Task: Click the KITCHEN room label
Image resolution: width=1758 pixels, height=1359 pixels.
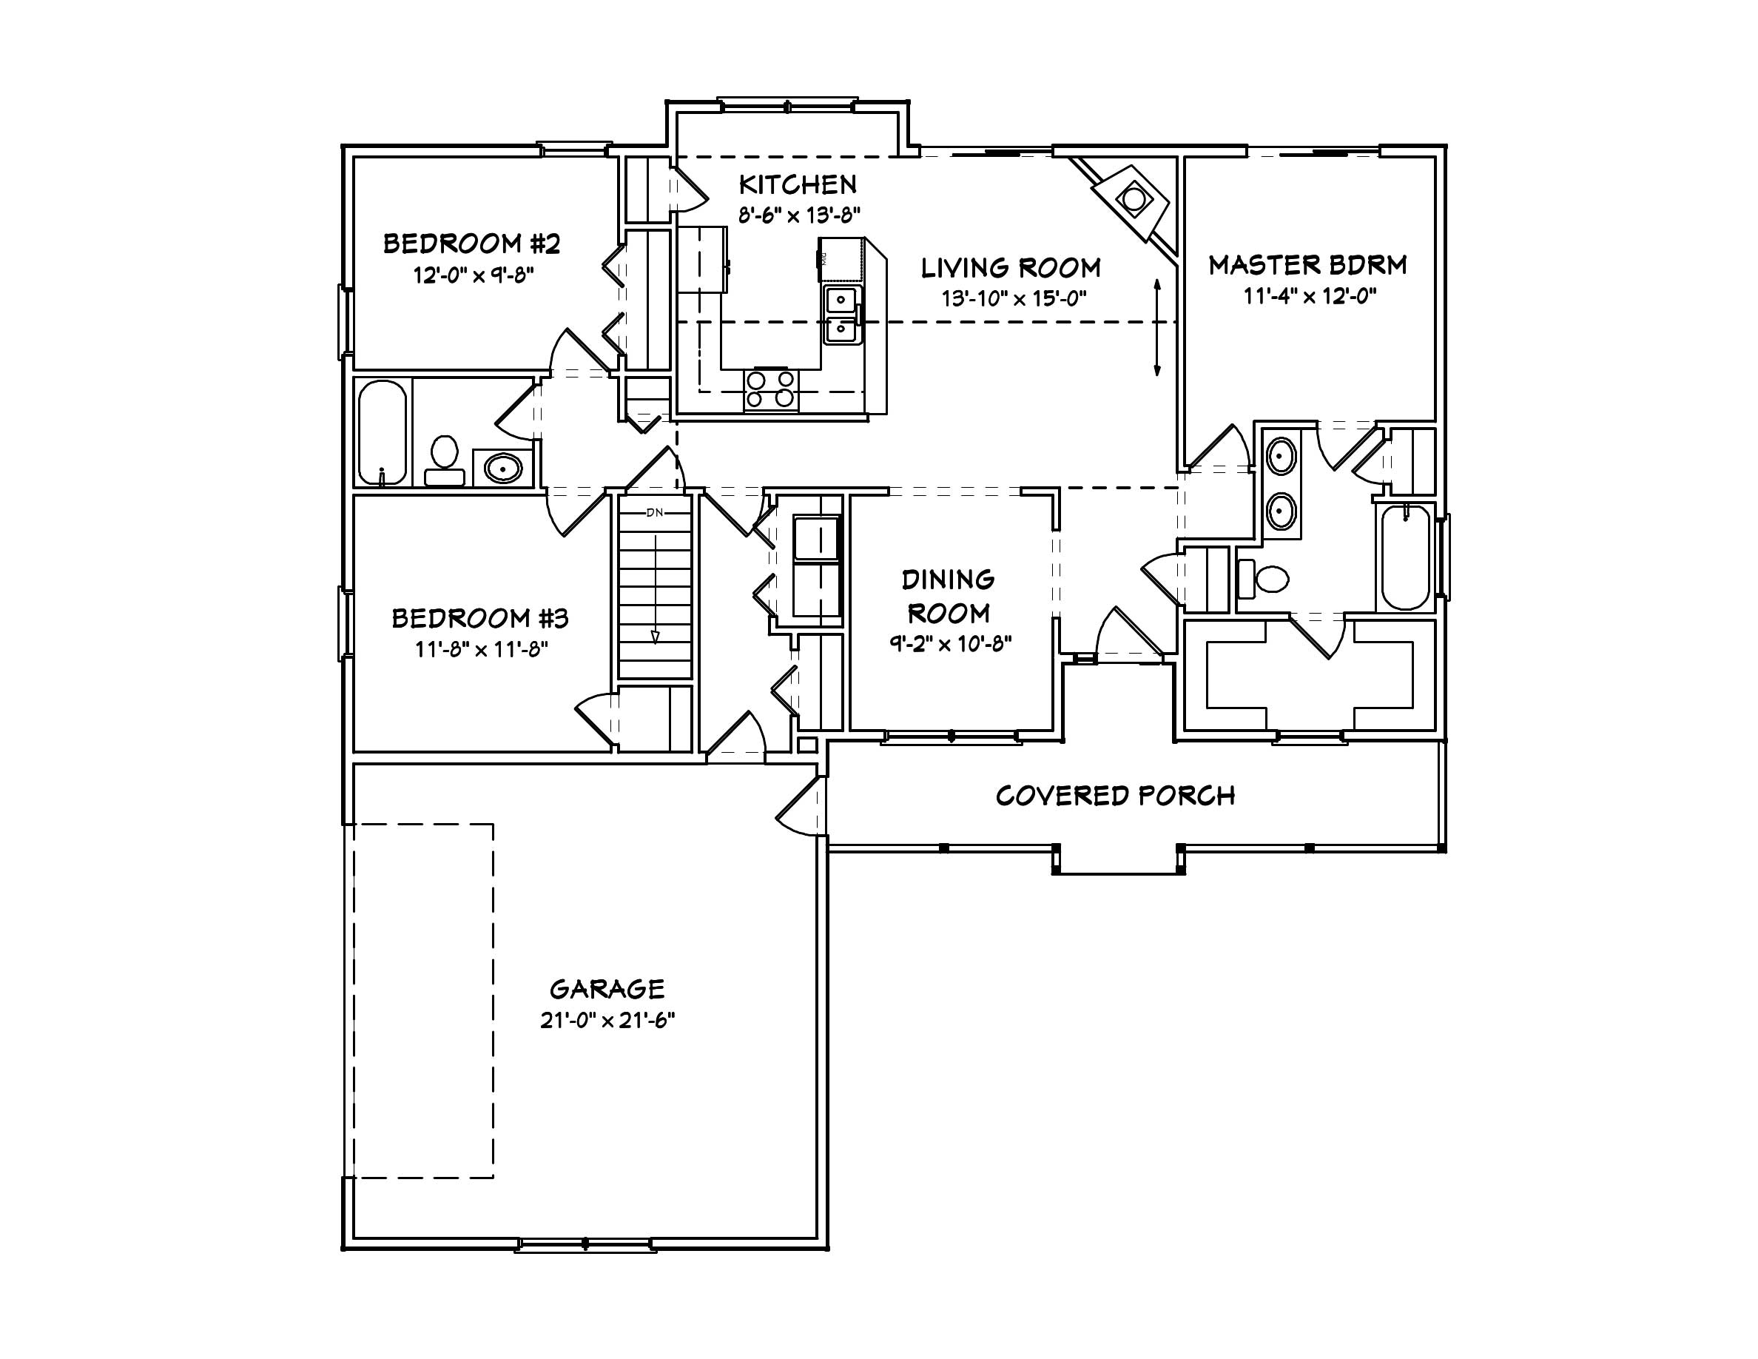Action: pos(798,185)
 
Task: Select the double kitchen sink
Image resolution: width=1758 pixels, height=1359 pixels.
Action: pos(842,315)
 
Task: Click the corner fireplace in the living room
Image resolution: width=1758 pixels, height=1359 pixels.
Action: pos(1134,200)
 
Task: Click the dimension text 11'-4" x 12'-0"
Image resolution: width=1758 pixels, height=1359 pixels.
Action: pos(1310,296)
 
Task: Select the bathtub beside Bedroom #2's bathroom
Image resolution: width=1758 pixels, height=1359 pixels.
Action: pos(382,432)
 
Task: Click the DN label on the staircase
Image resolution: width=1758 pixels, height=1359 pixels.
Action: pos(654,512)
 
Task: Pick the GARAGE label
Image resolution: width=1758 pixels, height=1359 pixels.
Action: pos(607,989)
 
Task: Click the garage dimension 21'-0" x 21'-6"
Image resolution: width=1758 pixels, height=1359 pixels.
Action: pos(607,1020)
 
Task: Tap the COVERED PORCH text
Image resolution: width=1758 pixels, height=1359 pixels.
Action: pos(1115,796)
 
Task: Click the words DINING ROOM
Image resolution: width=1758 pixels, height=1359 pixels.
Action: pos(949,597)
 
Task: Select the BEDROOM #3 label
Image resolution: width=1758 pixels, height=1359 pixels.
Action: pos(479,618)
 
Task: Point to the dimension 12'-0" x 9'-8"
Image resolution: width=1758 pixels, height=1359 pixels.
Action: pos(474,275)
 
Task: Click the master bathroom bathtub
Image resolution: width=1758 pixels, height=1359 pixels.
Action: pos(1405,557)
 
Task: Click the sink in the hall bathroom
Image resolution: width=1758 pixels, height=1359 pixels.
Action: pos(503,467)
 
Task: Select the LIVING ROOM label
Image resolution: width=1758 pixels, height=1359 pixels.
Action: pos(1010,267)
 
